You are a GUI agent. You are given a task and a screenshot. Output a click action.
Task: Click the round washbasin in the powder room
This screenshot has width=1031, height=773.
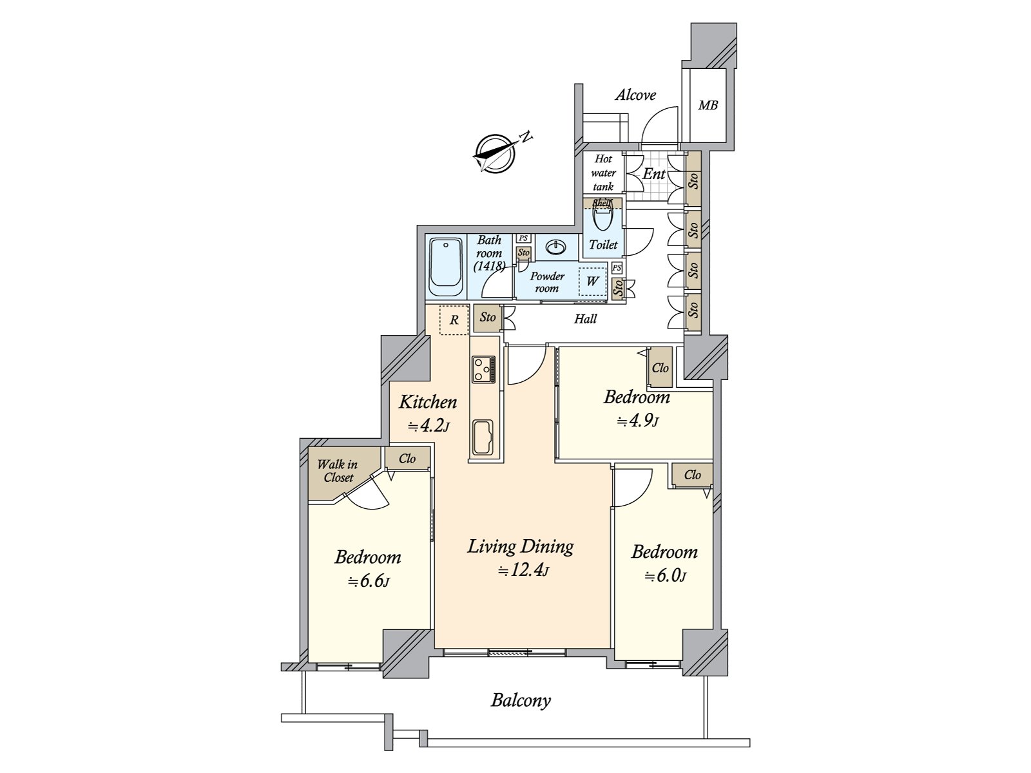[555, 247]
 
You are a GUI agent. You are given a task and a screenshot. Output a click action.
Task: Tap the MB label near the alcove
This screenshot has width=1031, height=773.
[708, 105]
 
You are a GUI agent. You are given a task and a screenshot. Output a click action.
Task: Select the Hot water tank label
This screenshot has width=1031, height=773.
[603, 173]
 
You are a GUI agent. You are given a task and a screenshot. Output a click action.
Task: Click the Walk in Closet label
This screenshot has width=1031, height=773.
[338, 471]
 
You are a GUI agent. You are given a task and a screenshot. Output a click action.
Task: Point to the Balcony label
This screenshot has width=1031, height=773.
[521, 700]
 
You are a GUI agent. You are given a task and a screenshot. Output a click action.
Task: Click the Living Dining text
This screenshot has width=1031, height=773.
[521, 547]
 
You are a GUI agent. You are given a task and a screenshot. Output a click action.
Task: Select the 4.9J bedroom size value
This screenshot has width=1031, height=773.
[637, 422]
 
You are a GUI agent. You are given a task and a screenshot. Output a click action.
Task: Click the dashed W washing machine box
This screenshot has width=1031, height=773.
[592, 281]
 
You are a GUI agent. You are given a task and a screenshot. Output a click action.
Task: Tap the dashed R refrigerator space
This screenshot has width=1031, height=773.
[454, 320]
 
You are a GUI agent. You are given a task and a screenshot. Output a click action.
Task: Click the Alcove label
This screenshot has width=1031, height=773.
[635, 95]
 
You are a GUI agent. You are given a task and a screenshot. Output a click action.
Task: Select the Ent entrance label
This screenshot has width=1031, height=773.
[653, 174]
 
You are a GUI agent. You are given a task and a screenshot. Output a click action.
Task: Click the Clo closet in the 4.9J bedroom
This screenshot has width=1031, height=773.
[660, 368]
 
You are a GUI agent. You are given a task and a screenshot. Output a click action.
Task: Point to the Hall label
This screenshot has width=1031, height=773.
[585, 319]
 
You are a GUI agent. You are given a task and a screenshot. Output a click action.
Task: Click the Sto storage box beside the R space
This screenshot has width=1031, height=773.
[487, 317]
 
